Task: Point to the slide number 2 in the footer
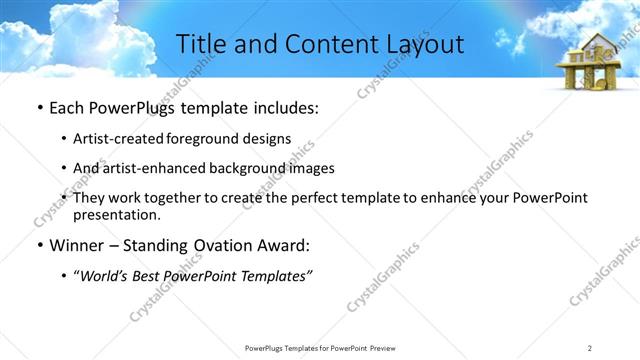click(590, 347)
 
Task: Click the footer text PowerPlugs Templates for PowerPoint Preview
click(319, 347)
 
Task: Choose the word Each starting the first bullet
click(66, 107)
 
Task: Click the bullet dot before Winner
click(38, 243)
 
